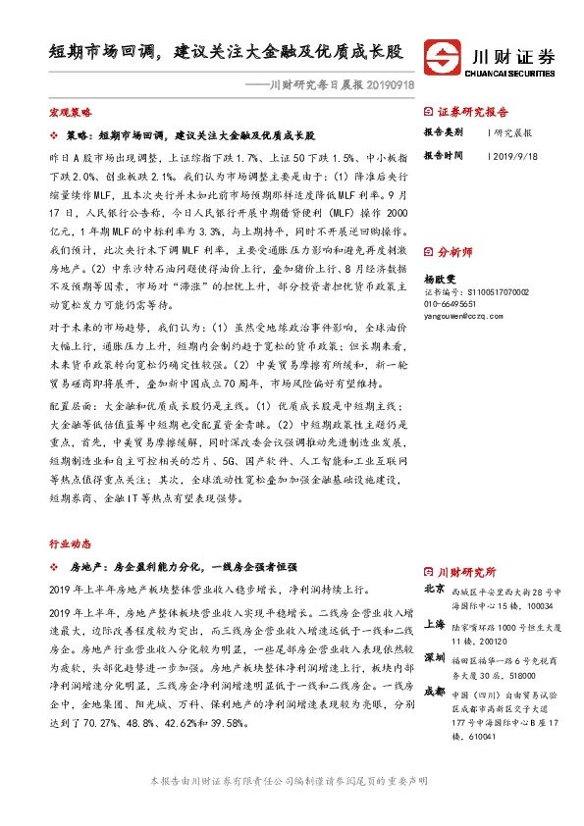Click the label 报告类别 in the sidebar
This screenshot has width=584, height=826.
click(x=445, y=132)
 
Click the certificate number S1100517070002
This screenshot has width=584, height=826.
click(x=475, y=292)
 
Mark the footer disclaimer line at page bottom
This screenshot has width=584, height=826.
click(x=292, y=807)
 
